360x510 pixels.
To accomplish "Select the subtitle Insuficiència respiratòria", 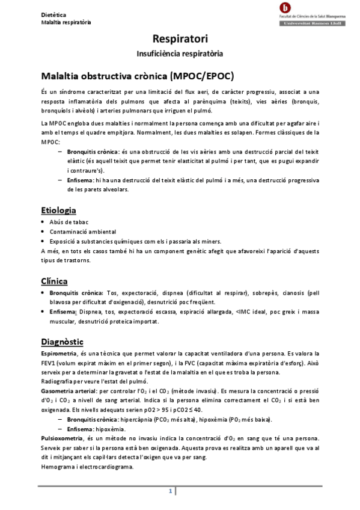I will click(x=180, y=54).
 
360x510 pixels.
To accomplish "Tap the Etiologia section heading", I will click(x=58, y=210).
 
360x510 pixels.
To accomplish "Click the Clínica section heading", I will click(x=53, y=281).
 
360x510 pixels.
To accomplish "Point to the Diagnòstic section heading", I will click(x=62, y=342).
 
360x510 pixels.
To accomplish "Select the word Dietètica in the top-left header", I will click(x=54, y=13).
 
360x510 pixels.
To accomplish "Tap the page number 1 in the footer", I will click(x=171, y=492).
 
